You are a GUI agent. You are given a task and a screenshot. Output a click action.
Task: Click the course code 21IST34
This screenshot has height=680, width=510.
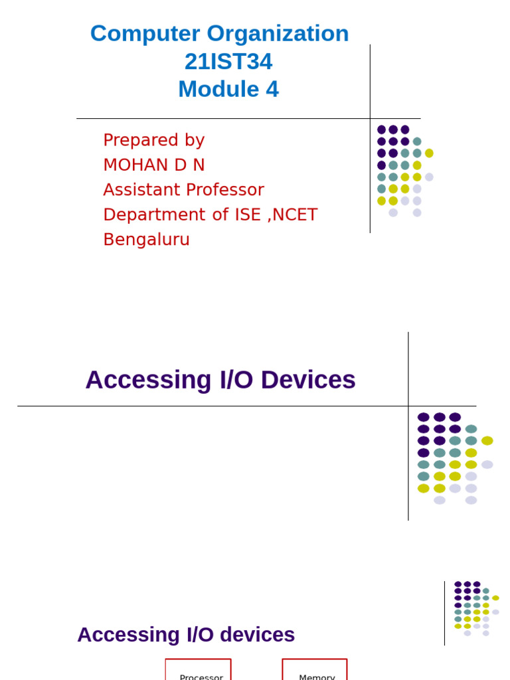[228, 62]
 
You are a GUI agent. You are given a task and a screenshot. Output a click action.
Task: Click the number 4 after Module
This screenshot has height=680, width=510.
[272, 90]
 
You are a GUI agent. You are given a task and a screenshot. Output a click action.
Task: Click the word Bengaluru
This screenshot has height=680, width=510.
[146, 240]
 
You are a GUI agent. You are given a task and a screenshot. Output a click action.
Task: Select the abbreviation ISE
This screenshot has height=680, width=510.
[246, 214]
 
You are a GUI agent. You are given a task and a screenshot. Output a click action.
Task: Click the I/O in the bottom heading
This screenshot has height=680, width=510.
[198, 635]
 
